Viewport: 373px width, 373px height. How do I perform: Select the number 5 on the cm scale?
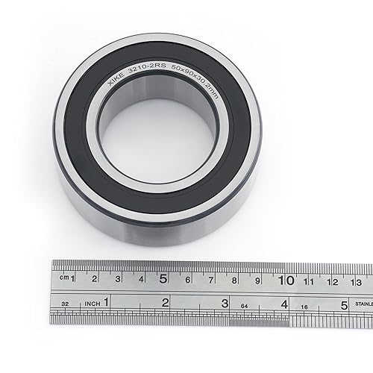[163, 280]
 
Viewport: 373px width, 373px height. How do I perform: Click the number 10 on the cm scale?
[285, 280]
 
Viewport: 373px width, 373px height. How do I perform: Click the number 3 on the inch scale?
[225, 304]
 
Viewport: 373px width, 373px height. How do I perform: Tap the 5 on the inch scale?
[344, 304]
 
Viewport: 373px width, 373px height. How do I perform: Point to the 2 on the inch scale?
[165, 303]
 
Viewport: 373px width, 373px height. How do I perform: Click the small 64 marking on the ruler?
[243, 305]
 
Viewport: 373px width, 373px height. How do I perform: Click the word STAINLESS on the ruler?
[364, 304]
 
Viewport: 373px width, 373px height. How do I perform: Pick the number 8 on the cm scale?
[234, 280]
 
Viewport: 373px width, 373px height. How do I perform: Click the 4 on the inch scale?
[284, 304]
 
